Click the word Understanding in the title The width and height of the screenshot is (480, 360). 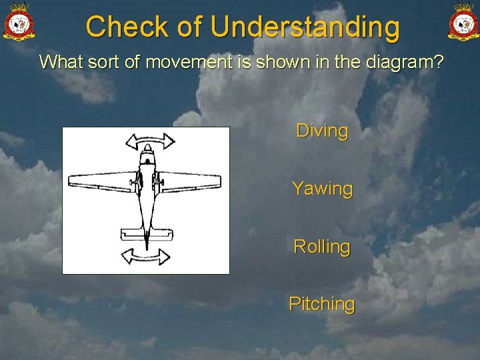click(x=305, y=27)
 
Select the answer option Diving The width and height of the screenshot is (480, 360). click(x=322, y=131)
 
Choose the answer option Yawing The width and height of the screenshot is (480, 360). click(x=322, y=189)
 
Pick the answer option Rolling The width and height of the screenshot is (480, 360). click(x=322, y=246)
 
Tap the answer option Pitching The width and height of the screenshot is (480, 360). click(x=322, y=304)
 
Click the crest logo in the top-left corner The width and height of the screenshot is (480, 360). click(x=19, y=22)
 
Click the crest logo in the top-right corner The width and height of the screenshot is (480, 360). click(x=463, y=22)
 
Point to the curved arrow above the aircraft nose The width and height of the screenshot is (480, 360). click(x=149, y=141)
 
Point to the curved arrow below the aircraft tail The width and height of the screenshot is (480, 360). click(x=146, y=256)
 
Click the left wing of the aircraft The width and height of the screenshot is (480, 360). click(x=102, y=181)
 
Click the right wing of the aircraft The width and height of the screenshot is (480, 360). click(x=189, y=181)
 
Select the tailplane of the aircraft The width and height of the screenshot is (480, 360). click(x=145, y=234)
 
